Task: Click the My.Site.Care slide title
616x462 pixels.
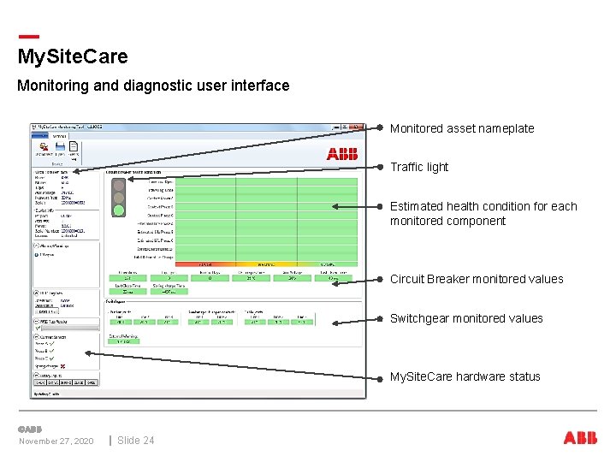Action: pos(73,57)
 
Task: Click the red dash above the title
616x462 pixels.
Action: pos(28,36)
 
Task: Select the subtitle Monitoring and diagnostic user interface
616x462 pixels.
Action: pos(153,86)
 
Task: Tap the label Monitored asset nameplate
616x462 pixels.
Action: pos(462,129)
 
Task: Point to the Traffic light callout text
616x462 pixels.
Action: pos(419,168)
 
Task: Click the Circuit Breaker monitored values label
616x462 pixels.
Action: pos(477,279)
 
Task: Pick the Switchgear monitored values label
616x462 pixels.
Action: pos(466,318)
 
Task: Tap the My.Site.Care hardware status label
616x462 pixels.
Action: pos(465,376)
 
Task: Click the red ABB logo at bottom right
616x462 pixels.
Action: pos(580,438)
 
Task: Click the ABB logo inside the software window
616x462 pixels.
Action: pos(342,154)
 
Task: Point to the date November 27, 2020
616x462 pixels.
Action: pos(56,441)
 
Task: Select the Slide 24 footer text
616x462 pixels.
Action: pos(136,441)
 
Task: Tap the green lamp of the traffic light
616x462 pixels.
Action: pos(119,209)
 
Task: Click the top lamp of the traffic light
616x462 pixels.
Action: pos(119,183)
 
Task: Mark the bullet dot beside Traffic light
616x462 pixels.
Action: pos(380,168)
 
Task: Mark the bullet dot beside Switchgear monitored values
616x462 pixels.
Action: pos(380,318)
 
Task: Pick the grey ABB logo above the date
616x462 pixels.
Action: pos(29,429)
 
